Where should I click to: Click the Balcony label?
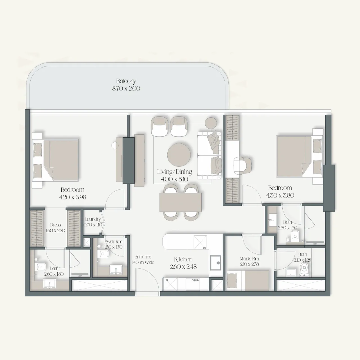click(x=126, y=81)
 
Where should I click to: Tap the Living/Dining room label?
click(x=174, y=172)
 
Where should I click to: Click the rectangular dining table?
click(x=181, y=202)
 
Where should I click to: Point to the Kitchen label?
click(x=183, y=259)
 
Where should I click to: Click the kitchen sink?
click(x=215, y=263)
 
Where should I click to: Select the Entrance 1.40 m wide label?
click(x=143, y=260)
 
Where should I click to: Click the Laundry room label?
click(x=93, y=219)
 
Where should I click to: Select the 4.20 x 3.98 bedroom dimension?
click(x=73, y=197)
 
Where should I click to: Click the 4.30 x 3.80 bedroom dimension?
click(x=280, y=195)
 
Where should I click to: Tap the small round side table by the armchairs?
click(x=211, y=122)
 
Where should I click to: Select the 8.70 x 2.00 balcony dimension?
click(x=126, y=89)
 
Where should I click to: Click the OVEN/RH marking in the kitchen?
click(x=195, y=280)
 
